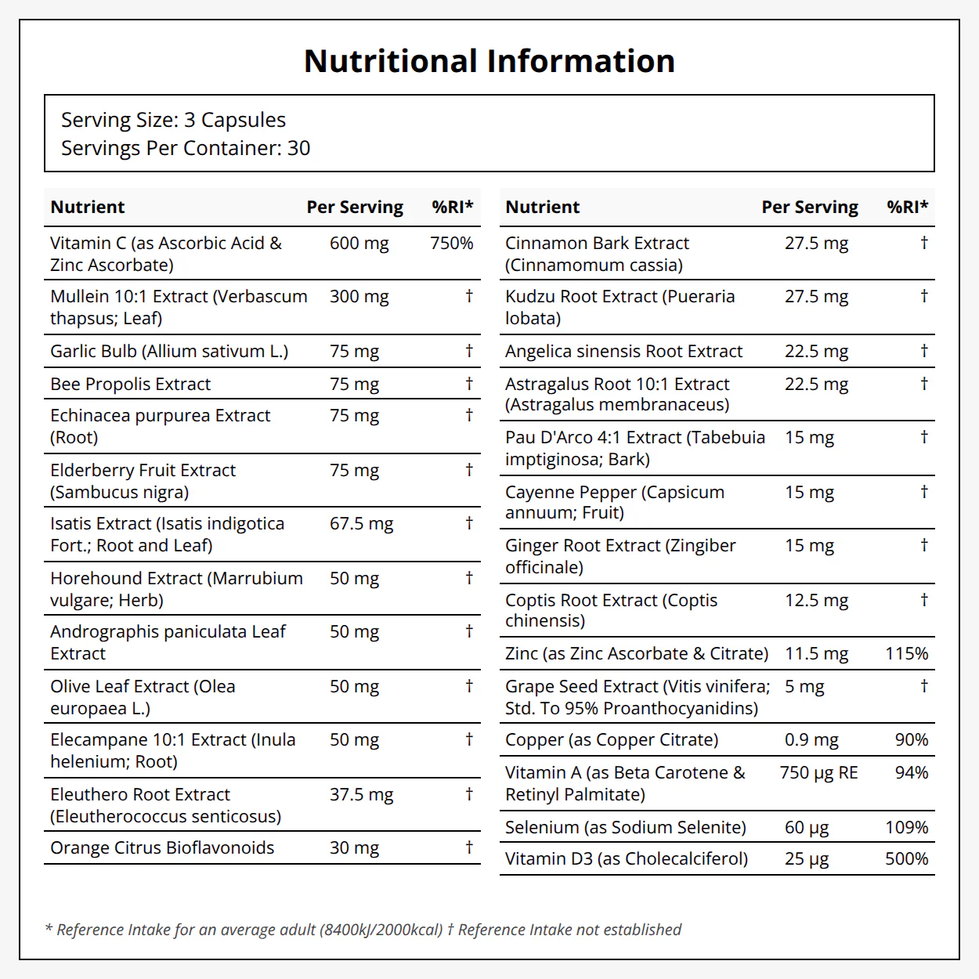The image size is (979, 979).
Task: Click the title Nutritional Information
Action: (489, 61)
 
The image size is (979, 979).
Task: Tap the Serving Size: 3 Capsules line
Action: (173, 121)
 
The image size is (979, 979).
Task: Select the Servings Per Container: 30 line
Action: (186, 148)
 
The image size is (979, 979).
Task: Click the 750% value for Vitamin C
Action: (451, 244)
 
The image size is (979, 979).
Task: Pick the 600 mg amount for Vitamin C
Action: (359, 244)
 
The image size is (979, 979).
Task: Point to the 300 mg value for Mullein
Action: (359, 297)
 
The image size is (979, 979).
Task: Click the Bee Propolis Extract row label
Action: (130, 384)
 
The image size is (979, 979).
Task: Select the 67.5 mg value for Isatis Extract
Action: (361, 524)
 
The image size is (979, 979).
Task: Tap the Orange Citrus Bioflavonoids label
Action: (162, 847)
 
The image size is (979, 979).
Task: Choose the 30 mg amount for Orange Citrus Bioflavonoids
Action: (354, 848)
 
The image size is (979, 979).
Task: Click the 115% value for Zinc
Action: (906, 653)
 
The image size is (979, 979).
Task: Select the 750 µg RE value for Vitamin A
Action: (818, 773)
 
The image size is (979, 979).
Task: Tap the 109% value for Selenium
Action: (906, 828)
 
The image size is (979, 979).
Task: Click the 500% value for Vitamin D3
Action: (906, 859)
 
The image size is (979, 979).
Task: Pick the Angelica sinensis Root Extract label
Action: (623, 351)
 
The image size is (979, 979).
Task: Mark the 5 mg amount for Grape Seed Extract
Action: (804, 688)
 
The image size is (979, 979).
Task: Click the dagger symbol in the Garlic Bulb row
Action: (469, 350)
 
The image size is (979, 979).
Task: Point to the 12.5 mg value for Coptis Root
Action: (816, 601)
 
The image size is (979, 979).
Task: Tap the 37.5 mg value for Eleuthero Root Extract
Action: (361, 795)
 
